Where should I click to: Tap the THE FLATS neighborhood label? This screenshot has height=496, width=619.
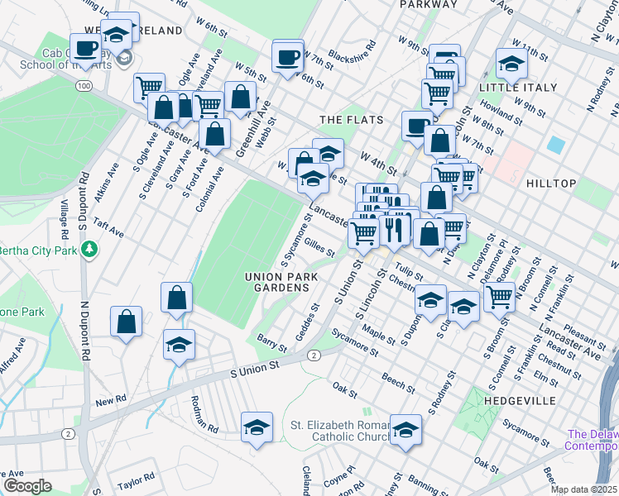pos(351,120)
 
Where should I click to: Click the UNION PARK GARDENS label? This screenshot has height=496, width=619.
pos(276,281)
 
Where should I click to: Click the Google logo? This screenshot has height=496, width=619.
pos(27,486)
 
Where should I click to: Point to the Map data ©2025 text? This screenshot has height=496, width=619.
pos(584,489)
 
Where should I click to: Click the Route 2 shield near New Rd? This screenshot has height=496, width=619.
pos(67,433)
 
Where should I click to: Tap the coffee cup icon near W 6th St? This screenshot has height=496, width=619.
pos(288,57)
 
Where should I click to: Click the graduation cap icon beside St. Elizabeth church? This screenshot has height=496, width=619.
pos(405,431)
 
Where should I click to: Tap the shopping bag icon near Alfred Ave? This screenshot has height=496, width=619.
pos(126,322)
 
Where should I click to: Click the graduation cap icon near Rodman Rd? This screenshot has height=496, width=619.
pos(257,428)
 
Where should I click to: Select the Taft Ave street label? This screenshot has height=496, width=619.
pos(108,227)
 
